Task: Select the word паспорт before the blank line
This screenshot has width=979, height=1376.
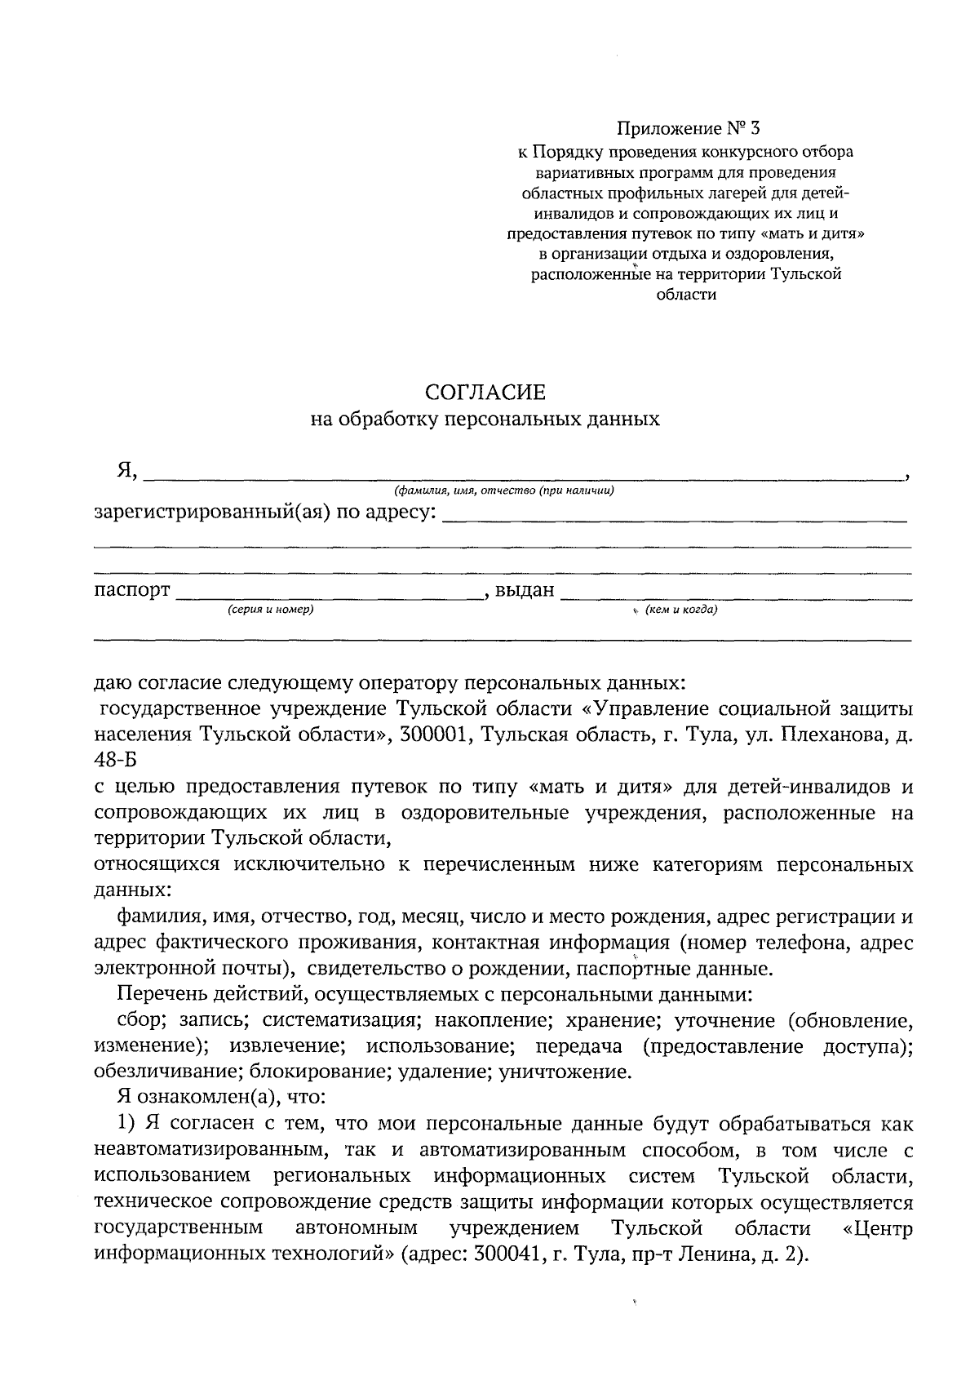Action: pos(132,590)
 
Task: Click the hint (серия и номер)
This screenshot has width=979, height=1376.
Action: pos(271,610)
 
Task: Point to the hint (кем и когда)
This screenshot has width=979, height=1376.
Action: pos(680,610)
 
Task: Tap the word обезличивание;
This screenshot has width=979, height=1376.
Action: pos(169,1072)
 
